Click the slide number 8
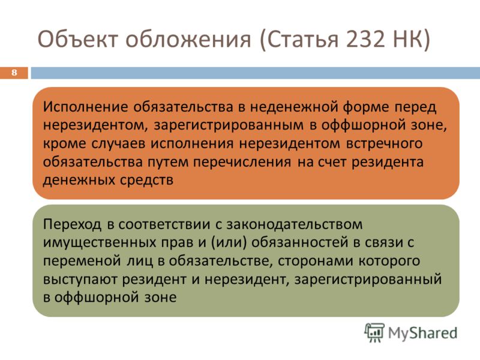click(14, 73)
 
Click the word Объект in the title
click(78, 39)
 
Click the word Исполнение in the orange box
click(85, 107)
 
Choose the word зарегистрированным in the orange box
click(229, 125)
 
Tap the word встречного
click(384, 143)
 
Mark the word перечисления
click(242, 162)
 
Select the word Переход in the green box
click(72, 224)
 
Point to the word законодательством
click(295, 224)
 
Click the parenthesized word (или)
click(229, 242)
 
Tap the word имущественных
click(99, 243)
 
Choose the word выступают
click(80, 280)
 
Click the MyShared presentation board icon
click(374, 332)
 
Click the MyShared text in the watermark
click(422, 333)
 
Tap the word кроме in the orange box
click(64, 143)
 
